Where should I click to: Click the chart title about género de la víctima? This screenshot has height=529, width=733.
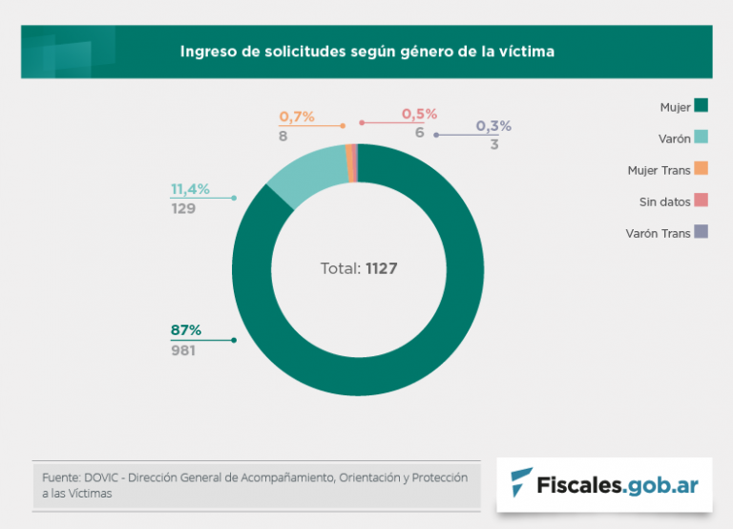click(366, 52)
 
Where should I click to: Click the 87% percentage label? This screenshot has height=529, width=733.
click(186, 330)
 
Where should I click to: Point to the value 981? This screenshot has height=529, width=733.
click(183, 350)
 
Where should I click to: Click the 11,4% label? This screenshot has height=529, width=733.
click(190, 189)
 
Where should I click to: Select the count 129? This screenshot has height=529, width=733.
click(183, 208)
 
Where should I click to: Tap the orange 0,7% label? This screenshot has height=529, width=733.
click(297, 116)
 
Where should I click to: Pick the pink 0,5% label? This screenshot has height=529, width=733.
click(419, 114)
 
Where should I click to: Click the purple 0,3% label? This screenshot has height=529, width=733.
click(493, 125)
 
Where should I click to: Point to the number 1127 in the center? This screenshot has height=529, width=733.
click(381, 269)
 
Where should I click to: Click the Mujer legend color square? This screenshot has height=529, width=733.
click(702, 107)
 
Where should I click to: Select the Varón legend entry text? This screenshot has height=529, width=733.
click(675, 138)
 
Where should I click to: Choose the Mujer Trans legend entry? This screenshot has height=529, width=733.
click(660, 170)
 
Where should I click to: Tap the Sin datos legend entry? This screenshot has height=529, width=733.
click(665, 201)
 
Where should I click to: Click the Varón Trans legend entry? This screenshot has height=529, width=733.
click(659, 233)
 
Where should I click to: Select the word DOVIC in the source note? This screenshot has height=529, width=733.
click(104, 477)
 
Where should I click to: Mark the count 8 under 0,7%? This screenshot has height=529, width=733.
click(283, 137)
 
